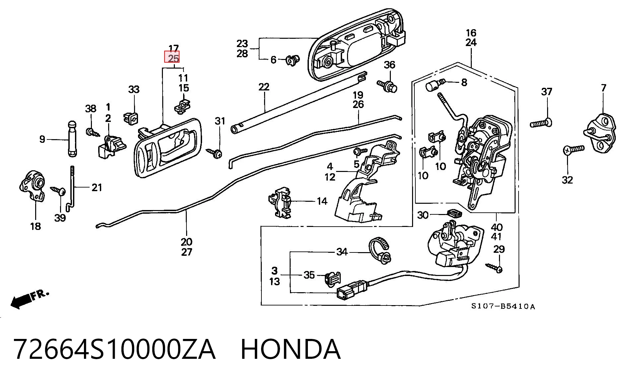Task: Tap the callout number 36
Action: click(x=389, y=65)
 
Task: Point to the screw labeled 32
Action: click(x=574, y=149)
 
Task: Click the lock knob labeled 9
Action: click(x=72, y=139)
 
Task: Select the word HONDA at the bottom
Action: click(x=290, y=349)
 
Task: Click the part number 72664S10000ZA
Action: click(x=114, y=349)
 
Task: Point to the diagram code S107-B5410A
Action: click(x=503, y=306)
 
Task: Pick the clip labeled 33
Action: click(x=131, y=117)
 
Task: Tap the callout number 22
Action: click(x=264, y=87)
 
